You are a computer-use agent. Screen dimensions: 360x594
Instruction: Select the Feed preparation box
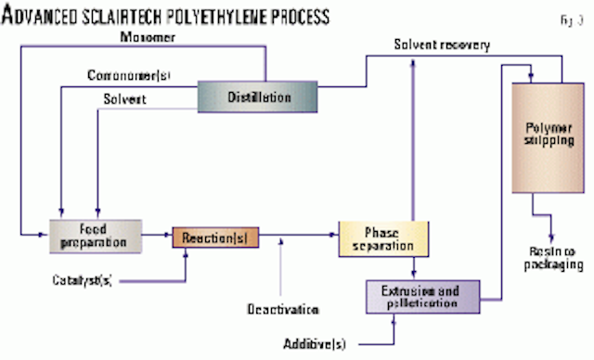[96, 235]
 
